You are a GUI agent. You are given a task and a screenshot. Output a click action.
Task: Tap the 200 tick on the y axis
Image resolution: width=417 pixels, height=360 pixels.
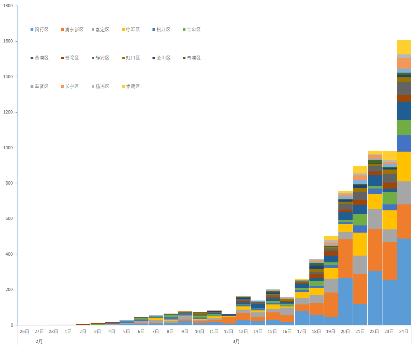click(x=9, y=290)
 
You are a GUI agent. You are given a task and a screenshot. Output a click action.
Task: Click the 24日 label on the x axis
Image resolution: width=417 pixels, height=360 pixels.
click(x=403, y=331)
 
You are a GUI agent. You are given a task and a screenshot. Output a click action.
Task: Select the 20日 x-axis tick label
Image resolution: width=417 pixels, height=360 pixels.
click(x=345, y=331)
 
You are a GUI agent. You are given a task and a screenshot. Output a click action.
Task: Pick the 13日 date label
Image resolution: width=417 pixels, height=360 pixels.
click(x=243, y=331)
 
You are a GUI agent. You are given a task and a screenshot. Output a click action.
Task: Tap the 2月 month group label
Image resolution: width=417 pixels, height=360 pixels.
click(x=39, y=341)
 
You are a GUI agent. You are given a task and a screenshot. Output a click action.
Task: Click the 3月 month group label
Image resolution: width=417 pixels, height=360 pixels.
click(x=236, y=341)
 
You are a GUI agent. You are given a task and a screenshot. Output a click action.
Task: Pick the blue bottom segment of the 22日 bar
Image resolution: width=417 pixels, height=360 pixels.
click(x=375, y=298)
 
